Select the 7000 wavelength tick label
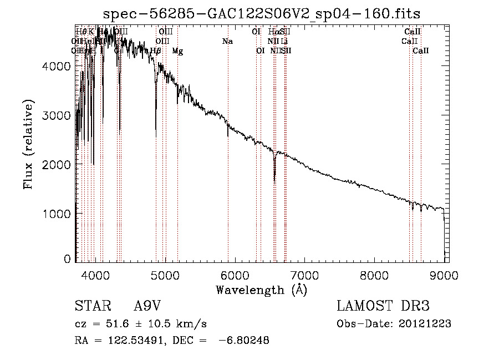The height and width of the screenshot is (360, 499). [x=305, y=274]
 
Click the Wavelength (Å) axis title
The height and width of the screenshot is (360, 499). [x=261, y=290]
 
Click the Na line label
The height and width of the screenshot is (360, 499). [x=227, y=42]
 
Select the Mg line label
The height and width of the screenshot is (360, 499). [x=177, y=51]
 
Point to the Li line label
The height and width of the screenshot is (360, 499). [x=284, y=42]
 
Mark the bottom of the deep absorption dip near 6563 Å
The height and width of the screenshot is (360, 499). [x=274, y=181]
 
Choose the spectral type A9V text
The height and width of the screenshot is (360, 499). [x=148, y=306]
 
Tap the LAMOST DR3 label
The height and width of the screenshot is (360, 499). [x=383, y=306]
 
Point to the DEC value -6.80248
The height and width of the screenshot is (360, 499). [x=246, y=341]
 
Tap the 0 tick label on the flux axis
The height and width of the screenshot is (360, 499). [x=68, y=258]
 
